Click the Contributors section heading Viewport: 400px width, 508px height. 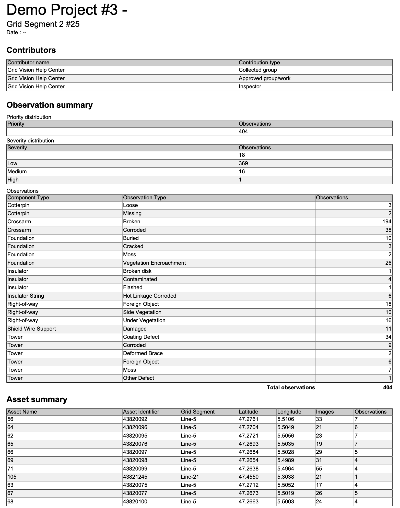pos(31,50)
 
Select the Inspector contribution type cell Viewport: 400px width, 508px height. pos(250,87)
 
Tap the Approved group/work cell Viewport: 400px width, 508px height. pos(264,78)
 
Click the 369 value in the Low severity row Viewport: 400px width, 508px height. pos(243,163)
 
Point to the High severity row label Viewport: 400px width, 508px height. pos(13,180)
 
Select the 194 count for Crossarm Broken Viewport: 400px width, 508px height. pos(387,222)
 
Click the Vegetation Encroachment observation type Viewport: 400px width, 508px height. pos(154,263)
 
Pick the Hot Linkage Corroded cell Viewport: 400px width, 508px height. pos(149,296)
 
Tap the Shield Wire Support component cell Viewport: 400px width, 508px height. pos(31,329)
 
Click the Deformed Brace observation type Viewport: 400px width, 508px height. pos(143,353)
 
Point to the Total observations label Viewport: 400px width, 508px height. pos(291,388)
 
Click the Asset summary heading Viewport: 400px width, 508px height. pos(37,399)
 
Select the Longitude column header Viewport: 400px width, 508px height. pos(289,412)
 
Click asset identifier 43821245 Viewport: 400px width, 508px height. pos(135,477)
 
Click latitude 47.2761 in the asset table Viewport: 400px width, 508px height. pos(248,419)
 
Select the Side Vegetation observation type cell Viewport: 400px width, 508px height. pos(142,312)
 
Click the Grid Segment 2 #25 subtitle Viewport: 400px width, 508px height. pos(43,24)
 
